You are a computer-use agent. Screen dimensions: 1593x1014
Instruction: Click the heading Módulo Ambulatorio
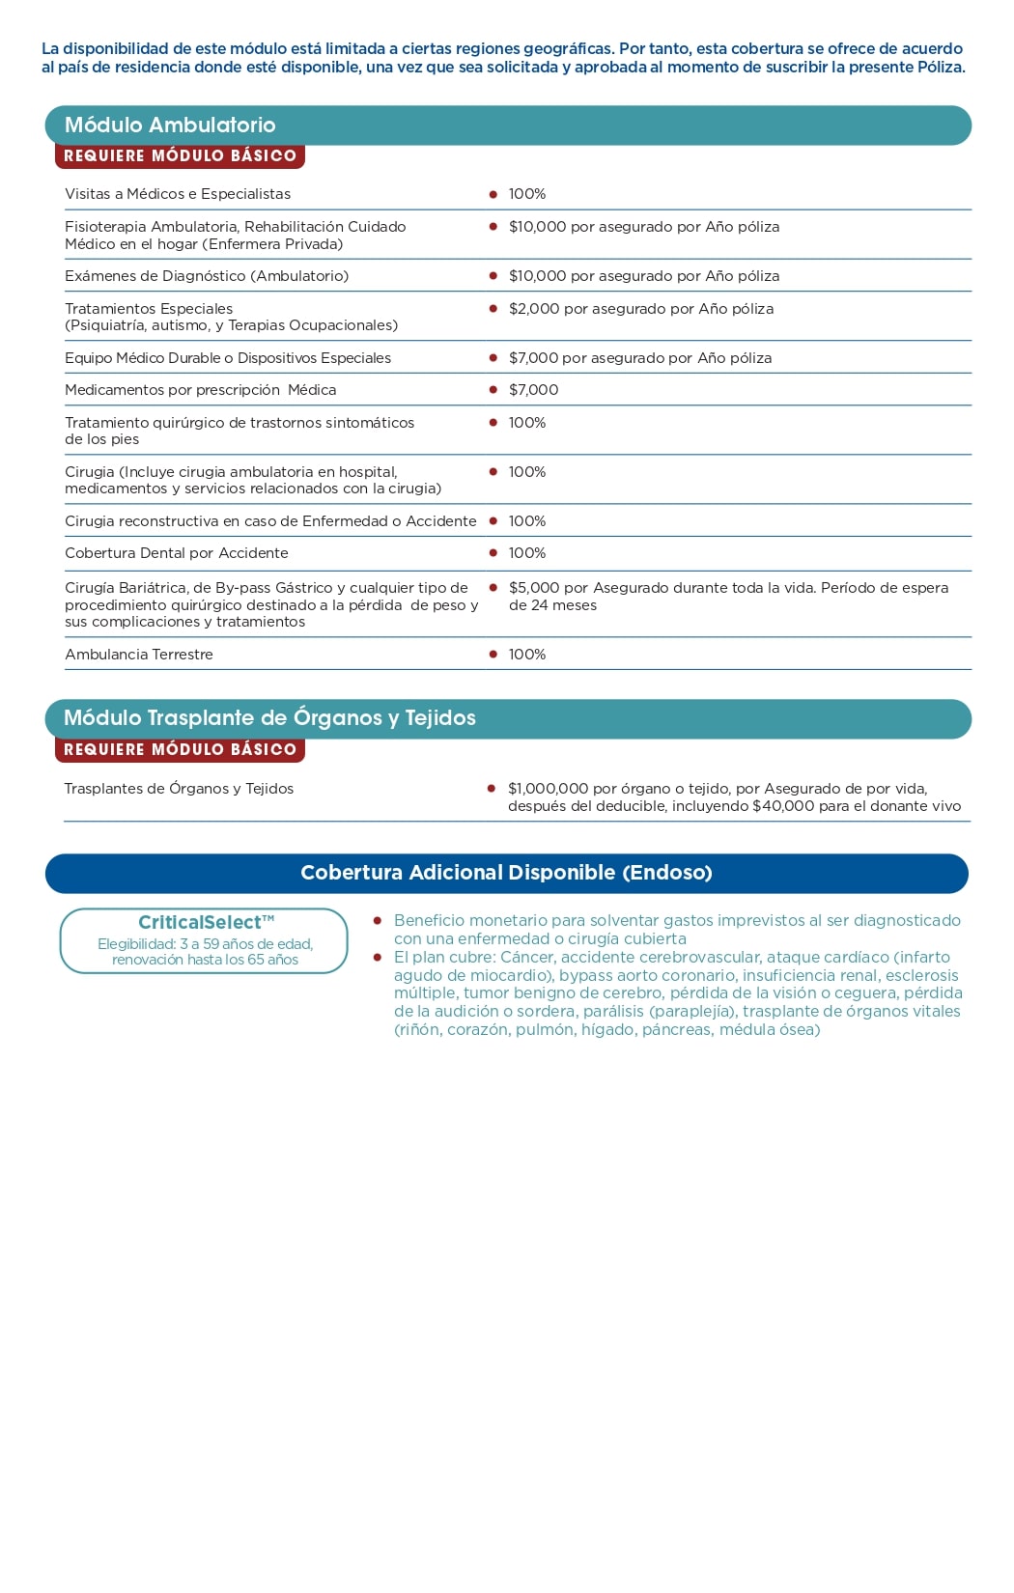click(x=170, y=126)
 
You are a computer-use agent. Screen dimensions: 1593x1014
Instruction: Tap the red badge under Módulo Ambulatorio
click(x=180, y=156)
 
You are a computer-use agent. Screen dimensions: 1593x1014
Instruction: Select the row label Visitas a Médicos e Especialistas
click(x=178, y=194)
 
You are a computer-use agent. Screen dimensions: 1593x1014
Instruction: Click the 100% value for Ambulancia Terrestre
click(x=527, y=655)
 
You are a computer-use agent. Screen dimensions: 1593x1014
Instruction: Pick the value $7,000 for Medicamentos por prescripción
click(x=534, y=390)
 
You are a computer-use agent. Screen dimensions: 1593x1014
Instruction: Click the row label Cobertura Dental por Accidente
click(x=177, y=553)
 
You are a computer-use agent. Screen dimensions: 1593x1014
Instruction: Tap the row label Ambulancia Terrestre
click(x=139, y=655)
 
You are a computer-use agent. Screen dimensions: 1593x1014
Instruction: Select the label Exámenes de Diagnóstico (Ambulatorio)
click(x=207, y=276)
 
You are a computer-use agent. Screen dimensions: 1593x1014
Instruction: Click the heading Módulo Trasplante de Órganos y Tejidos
click(x=269, y=718)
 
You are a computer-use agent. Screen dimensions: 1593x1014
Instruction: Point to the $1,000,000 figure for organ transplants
click(x=549, y=789)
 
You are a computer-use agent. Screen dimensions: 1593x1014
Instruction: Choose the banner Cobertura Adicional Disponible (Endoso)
click(x=506, y=873)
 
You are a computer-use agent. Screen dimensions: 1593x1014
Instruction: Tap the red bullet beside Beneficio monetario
click(x=378, y=921)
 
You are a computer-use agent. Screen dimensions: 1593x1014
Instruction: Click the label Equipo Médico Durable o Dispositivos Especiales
click(x=228, y=358)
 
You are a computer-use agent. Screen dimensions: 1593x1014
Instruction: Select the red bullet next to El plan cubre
click(x=378, y=958)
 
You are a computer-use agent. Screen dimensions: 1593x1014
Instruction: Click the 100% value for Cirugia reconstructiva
click(x=527, y=521)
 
